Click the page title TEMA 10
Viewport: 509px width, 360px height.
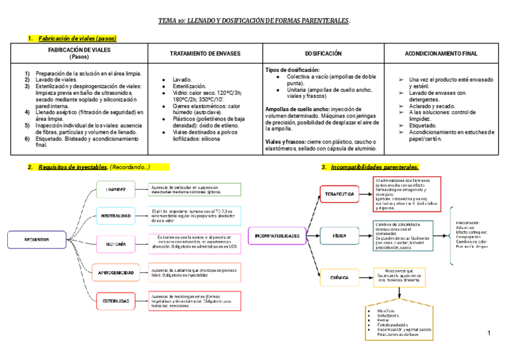pos(254,20)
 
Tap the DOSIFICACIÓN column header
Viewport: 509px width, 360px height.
pos(323,53)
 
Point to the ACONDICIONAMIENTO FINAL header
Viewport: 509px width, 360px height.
pos(441,53)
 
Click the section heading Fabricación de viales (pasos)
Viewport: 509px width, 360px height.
pos(77,38)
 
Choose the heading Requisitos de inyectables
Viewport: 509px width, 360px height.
pos(73,167)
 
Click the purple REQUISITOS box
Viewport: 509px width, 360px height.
pos(37,239)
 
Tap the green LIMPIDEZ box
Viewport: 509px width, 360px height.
pos(116,190)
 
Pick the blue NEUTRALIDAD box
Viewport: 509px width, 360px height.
pos(116,216)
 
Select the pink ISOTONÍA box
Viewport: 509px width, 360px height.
pos(116,244)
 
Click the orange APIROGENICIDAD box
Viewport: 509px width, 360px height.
pos(116,272)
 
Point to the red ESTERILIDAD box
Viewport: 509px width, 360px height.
pos(116,301)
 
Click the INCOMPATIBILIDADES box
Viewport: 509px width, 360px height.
pos(277,236)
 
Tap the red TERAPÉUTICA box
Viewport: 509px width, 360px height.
pos(339,194)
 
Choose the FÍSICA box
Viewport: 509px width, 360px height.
pos(339,236)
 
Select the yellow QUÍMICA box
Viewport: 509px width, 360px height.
pos(339,278)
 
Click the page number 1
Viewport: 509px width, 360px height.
pos(489,333)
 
